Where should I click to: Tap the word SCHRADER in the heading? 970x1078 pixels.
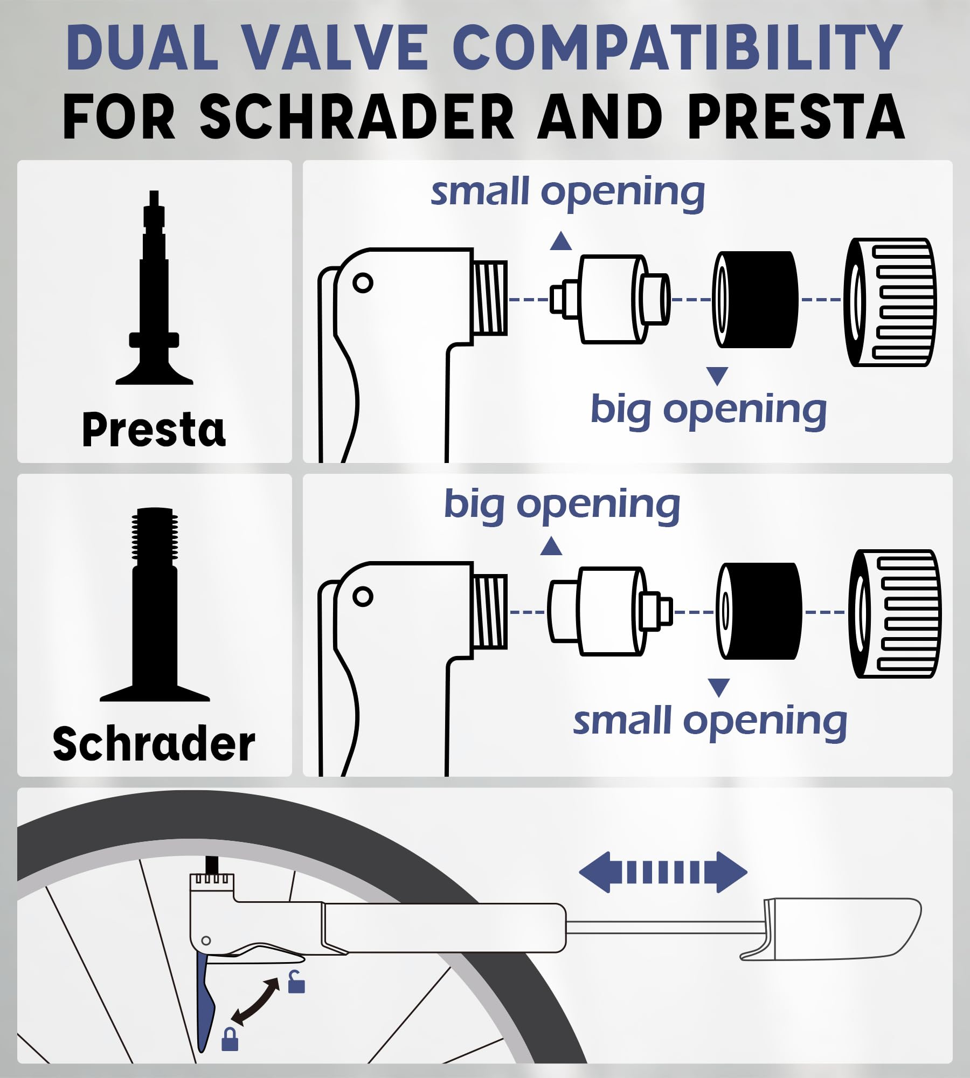tap(357, 116)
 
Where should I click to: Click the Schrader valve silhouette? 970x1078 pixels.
tap(155, 609)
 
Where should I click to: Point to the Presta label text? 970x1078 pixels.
tap(154, 430)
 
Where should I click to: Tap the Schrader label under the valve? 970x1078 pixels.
tap(154, 744)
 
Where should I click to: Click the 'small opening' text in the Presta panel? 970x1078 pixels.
tap(567, 192)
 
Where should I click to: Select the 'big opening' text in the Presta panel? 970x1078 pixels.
tap(709, 410)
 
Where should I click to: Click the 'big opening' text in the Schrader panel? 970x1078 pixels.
tap(562, 505)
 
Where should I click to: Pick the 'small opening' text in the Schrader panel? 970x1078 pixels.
tap(710, 722)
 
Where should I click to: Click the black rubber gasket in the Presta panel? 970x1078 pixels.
tap(756, 299)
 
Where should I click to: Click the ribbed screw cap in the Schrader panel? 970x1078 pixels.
tap(895, 613)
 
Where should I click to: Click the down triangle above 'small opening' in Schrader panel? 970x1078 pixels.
tap(719, 687)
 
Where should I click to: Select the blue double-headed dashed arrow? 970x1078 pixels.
tap(663, 872)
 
